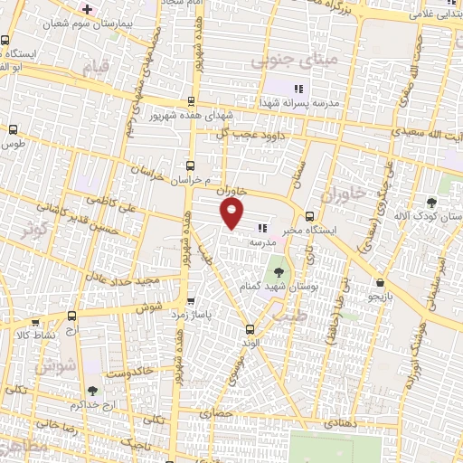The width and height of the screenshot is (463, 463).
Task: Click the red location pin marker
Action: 233,213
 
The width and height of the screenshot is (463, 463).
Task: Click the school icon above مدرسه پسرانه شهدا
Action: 298,89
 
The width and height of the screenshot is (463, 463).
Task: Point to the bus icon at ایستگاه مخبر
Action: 310,216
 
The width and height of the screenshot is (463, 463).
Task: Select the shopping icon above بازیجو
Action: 381,281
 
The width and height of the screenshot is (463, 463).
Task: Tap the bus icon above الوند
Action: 250,329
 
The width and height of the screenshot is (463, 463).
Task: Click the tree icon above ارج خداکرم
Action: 93,391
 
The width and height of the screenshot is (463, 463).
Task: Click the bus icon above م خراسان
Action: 190,165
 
